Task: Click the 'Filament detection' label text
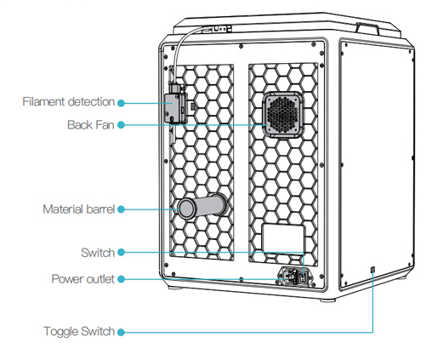coord(68,101)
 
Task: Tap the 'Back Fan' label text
coord(91,125)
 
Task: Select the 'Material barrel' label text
coord(78,209)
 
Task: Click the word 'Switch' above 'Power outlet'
coord(98,253)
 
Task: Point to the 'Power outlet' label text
coord(83,279)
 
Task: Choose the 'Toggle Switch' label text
coord(79,331)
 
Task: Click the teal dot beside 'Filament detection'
coord(121,103)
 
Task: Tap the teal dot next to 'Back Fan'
coord(121,125)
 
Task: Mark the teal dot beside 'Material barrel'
coord(121,209)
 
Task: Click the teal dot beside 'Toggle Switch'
coord(121,332)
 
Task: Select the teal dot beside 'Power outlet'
coord(121,279)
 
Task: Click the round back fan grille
coord(283,115)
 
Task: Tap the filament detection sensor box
coord(176,108)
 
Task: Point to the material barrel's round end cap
coord(186,209)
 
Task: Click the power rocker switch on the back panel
coord(303,277)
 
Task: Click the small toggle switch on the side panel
coord(372,269)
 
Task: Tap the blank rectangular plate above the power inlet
coord(283,238)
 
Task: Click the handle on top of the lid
coord(367,28)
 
